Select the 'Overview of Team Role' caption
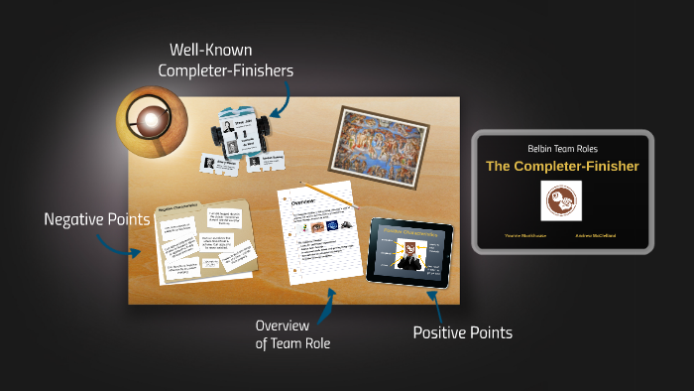292,334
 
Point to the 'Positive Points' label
462,333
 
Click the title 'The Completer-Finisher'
562,166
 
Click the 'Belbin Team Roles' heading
562,147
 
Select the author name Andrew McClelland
595,236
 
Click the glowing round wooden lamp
150,122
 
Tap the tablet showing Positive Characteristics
408,250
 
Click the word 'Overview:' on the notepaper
301,201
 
